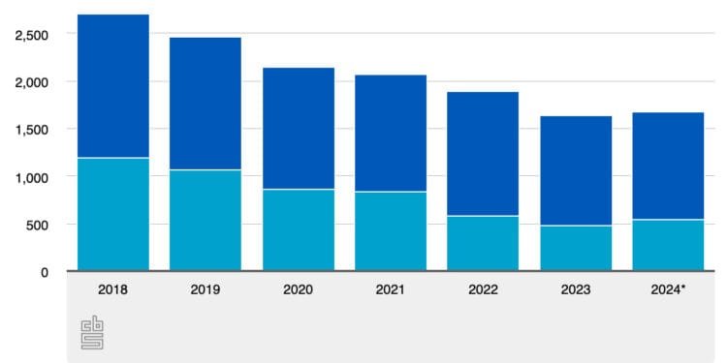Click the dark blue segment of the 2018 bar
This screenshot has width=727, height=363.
click(113, 85)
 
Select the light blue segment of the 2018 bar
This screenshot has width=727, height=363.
click(113, 214)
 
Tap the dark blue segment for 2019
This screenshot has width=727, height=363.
click(205, 103)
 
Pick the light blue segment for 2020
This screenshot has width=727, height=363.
click(299, 229)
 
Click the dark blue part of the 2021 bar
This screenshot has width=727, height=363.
click(391, 133)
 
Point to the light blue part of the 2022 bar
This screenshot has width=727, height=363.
click(483, 243)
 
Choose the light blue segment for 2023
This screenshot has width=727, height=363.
click(576, 248)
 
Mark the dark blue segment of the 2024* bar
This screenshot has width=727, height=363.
click(668, 166)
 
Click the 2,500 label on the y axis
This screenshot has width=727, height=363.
click(32, 34)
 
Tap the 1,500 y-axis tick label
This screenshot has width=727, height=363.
click(32, 129)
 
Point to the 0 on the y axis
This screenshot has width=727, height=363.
click(45, 272)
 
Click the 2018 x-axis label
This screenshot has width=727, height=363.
click(113, 288)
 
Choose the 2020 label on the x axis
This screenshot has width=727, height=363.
click(299, 288)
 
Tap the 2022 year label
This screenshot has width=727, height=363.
click(483, 288)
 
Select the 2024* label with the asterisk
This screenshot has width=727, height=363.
click(669, 288)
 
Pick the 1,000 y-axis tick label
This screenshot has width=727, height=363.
click(32, 177)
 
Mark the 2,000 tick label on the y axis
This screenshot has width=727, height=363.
click(32, 81)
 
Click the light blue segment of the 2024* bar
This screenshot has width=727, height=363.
click(668, 245)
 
